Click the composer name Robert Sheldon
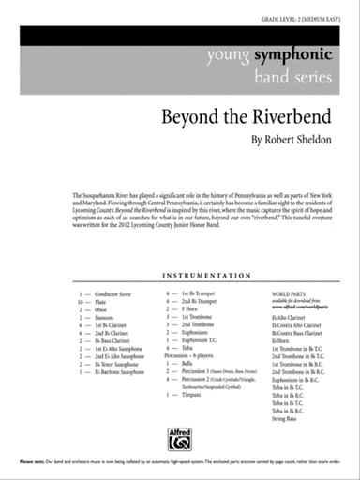[292, 142]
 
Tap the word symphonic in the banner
[286, 54]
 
